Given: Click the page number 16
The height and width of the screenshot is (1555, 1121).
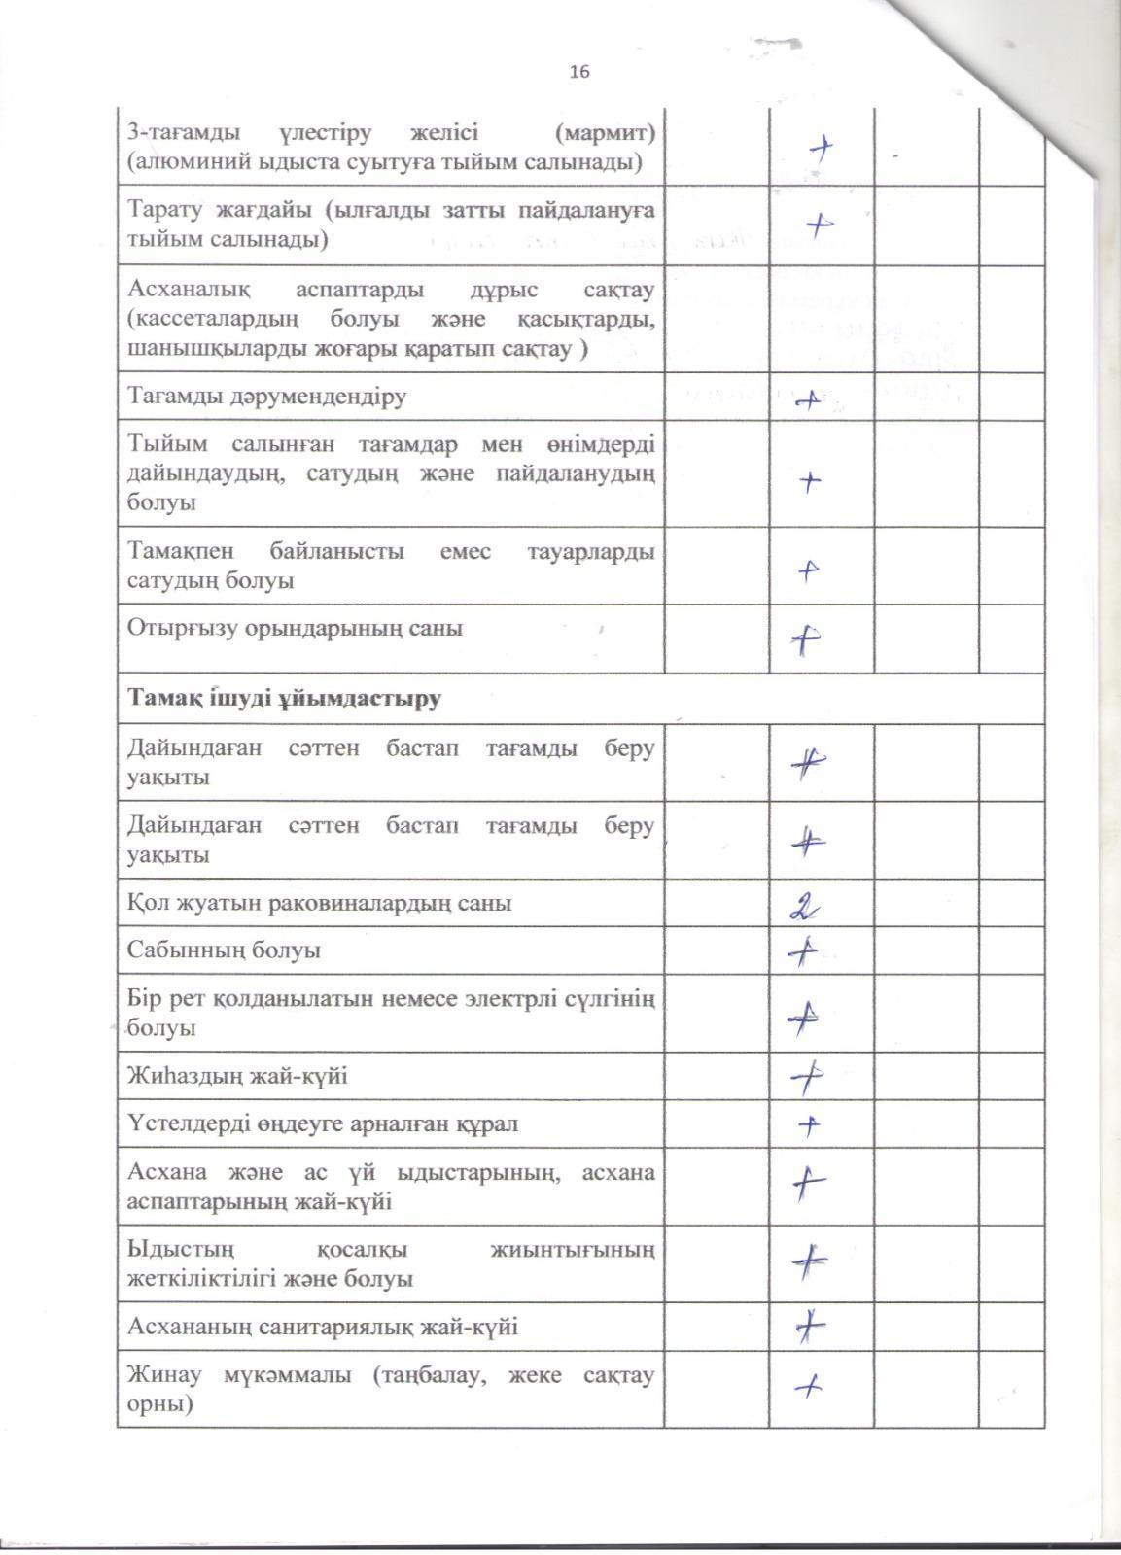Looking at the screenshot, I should pyautogui.click(x=579, y=71).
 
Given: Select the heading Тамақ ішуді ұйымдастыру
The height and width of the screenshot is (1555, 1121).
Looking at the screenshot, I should pyautogui.click(x=285, y=698).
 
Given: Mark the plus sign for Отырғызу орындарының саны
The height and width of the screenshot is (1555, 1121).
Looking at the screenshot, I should pyautogui.click(x=806, y=639).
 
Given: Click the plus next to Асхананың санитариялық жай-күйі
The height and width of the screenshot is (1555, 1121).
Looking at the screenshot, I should pyautogui.click(x=809, y=1327).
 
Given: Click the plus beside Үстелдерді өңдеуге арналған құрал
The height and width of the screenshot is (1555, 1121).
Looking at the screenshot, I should pyautogui.click(x=809, y=1124).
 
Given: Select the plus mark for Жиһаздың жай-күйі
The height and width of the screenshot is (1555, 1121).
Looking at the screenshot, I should pyautogui.click(x=807, y=1076).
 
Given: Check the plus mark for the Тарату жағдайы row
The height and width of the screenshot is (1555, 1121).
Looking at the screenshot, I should pyautogui.click(x=820, y=225).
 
